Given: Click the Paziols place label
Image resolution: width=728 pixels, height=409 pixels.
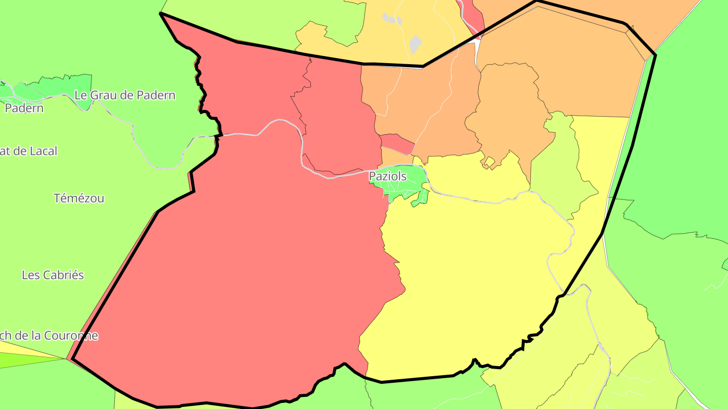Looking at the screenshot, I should pos(388,176).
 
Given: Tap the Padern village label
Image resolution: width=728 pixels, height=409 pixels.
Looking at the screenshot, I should pos(24,108).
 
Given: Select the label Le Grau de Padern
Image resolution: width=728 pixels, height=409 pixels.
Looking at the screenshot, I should pos(125,95).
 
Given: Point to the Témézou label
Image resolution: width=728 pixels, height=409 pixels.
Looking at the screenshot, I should pos(79,198).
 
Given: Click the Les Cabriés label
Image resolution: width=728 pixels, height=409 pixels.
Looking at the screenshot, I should pos(53,275).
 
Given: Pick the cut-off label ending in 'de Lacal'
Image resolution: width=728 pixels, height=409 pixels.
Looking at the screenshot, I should pos(29,150).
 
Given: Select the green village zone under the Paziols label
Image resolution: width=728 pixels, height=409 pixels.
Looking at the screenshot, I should pos(404,185).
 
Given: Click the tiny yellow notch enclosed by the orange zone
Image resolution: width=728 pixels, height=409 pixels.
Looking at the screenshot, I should pos(489,162).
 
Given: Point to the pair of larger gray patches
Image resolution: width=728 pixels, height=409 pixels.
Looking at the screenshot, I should pos(415,44).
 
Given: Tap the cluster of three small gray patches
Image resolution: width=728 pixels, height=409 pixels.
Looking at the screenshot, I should pos(392,19).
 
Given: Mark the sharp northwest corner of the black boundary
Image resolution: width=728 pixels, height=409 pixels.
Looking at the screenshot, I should pos(161,14).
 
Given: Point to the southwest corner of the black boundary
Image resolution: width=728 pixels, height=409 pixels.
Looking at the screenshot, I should pos(73,359).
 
